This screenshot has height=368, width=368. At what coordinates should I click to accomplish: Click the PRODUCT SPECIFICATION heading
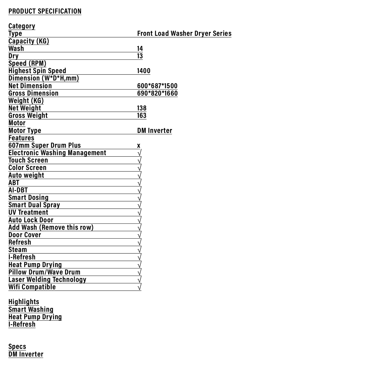point(45,11)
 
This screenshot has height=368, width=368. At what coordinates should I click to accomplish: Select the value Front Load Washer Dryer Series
point(184,33)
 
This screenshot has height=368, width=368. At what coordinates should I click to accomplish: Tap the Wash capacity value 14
point(140,49)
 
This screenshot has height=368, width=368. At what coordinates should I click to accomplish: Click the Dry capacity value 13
point(140,56)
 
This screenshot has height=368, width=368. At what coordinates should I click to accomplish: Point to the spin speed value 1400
point(144,71)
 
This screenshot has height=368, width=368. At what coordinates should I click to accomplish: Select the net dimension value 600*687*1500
point(157,86)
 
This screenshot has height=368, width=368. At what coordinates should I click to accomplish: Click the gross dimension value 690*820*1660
point(157,93)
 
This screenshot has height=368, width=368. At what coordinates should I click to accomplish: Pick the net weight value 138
point(142,108)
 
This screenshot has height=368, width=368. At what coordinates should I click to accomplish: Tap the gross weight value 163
point(142,116)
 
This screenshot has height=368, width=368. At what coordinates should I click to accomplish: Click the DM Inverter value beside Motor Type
point(155,131)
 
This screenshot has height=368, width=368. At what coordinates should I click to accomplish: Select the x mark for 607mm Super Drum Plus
point(139,146)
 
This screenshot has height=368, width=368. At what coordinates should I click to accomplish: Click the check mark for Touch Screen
point(139,160)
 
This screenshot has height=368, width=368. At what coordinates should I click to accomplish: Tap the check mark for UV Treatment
point(139,213)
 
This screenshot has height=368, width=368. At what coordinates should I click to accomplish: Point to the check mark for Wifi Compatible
point(139,287)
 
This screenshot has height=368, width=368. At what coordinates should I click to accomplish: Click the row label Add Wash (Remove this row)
point(51,227)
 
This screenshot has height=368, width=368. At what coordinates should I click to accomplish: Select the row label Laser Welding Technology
point(47,280)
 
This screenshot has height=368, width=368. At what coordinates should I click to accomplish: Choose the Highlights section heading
point(24,302)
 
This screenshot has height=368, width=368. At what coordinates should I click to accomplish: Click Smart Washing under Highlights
point(31,309)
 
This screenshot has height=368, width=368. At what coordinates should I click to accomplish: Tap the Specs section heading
point(17,347)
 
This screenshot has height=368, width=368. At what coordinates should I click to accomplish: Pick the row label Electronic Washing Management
point(57,153)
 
